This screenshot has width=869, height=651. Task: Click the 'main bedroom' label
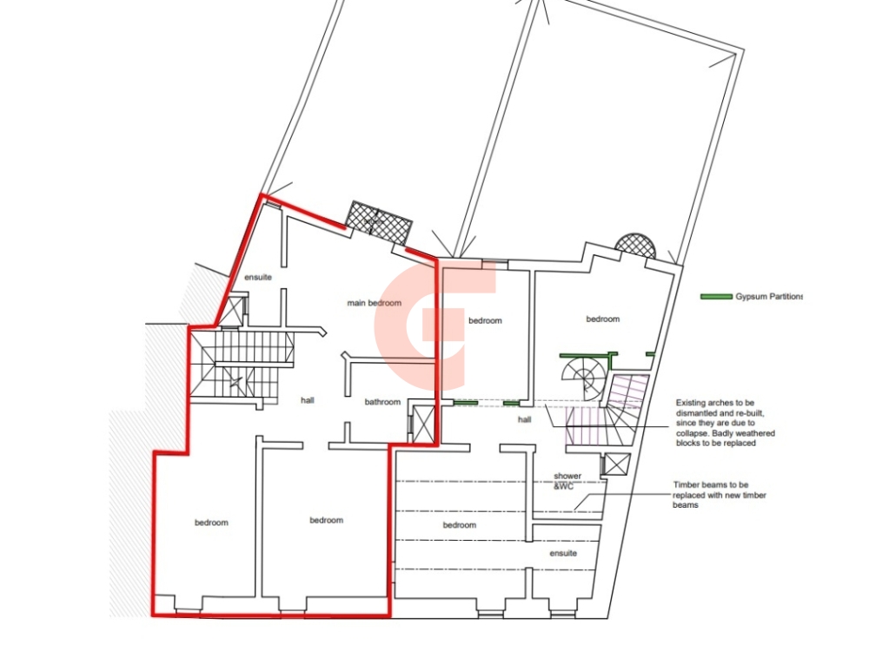374,303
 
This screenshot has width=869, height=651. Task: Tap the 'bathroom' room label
382,402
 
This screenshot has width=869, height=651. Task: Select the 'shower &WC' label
567,481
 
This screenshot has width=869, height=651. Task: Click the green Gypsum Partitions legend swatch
716,297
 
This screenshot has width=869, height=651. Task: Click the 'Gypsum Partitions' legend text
769,297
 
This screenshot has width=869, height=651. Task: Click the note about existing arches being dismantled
725,423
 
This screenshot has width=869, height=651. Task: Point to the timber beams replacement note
720,495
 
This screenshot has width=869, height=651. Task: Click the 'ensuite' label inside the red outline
258,277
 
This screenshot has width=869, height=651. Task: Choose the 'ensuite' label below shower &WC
563,553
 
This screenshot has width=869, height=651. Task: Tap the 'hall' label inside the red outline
307,400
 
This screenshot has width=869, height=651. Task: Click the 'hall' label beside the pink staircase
524,419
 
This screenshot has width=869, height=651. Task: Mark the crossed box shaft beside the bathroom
423,424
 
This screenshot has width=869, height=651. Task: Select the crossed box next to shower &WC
616,464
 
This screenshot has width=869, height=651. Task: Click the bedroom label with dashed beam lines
460,525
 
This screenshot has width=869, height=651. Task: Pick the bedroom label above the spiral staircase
602,319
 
